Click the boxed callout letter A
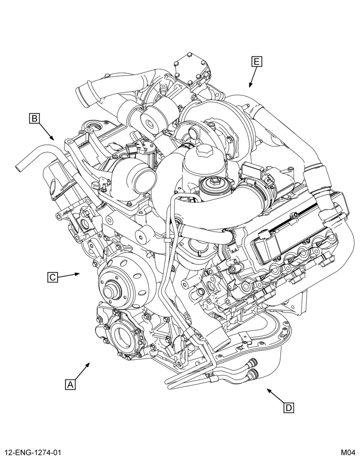coord(70,384)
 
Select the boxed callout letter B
coord(34,118)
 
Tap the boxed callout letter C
coord(52,277)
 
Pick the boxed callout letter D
coord(289,408)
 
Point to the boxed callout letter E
coord(257,62)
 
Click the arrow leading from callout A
coord(83,371)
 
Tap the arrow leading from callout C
coord(69,275)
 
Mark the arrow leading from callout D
coord(276,396)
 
